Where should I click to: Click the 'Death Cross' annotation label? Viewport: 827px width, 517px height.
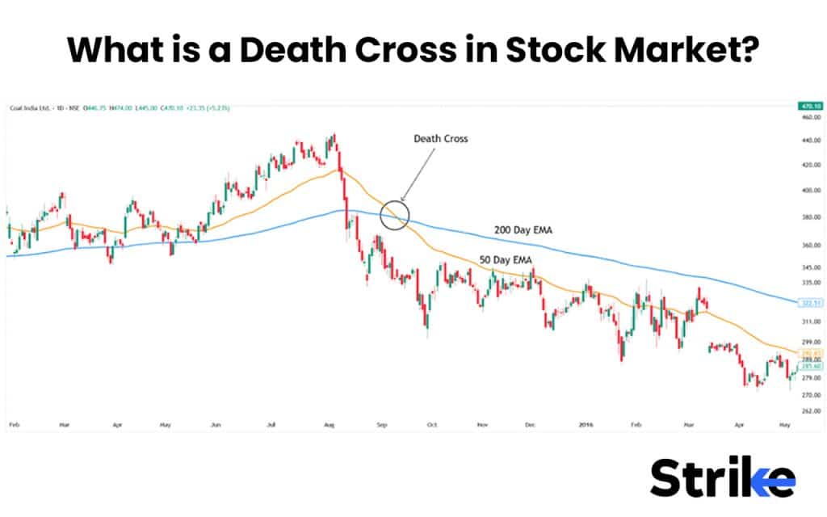coord(440,139)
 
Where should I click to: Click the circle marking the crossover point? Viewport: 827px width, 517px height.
coord(394,215)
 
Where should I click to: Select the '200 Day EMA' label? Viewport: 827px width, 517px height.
coord(525,231)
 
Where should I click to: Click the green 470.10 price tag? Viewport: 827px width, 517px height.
coord(808,106)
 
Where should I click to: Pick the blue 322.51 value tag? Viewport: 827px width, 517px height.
coord(808,303)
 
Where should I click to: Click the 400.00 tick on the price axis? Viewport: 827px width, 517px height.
coord(810,191)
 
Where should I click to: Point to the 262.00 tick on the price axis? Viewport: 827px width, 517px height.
coord(810,410)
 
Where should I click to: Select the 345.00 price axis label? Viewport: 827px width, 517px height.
coord(810,267)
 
